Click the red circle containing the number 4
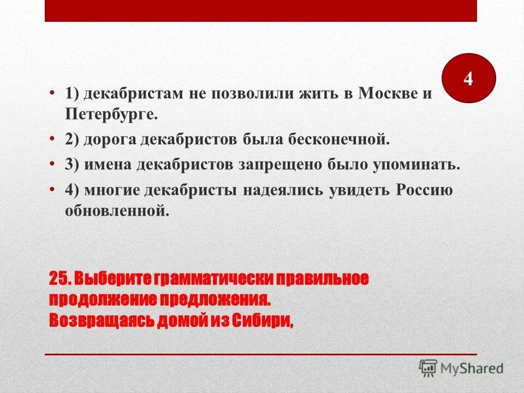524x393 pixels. (x=467, y=79)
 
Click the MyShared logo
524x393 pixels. (x=461, y=367)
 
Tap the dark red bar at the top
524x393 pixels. (x=261, y=11)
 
